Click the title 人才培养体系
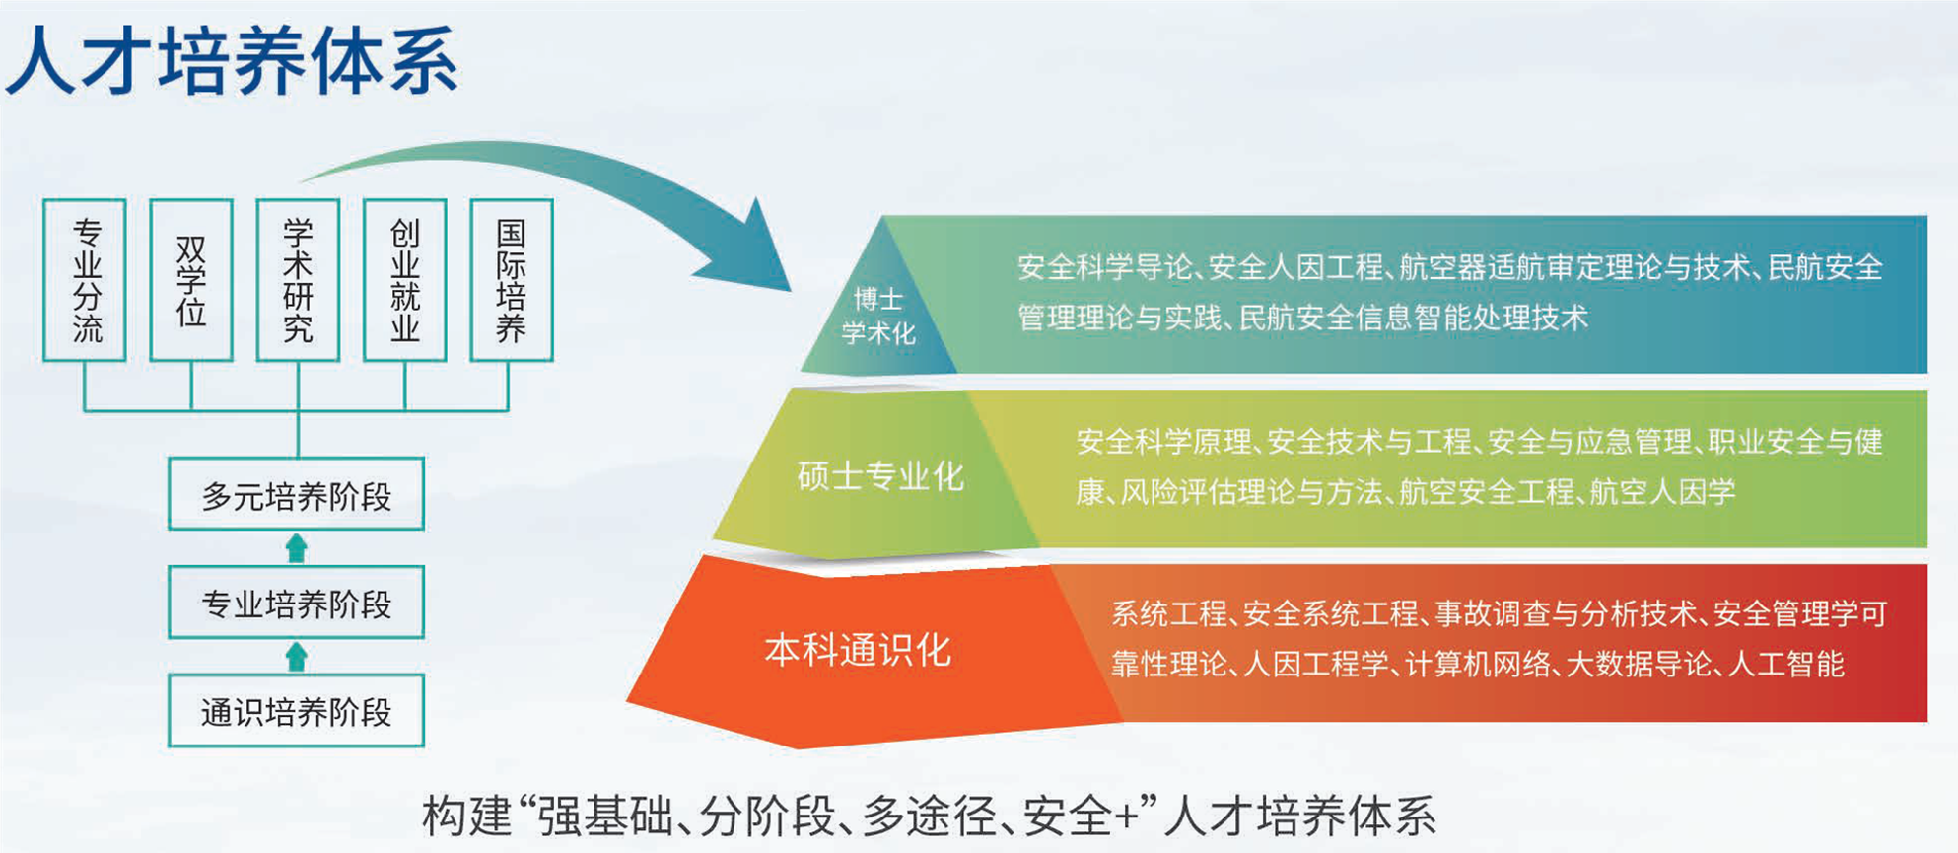click(233, 61)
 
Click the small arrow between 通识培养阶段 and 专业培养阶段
click(296, 657)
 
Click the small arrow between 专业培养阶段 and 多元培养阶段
click(296, 548)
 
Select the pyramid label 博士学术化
click(878, 316)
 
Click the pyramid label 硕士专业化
click(880, 476)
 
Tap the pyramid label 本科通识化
click(858, 650)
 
